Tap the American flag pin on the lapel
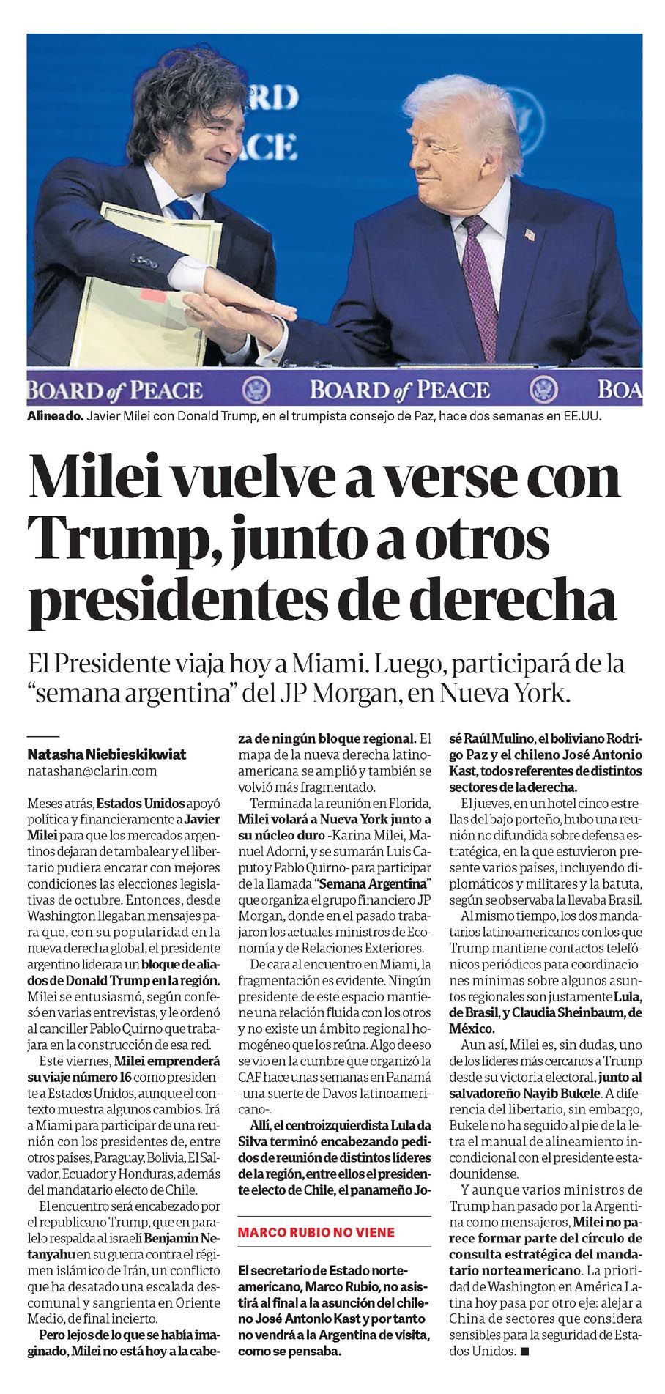(x=530, y=234)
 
